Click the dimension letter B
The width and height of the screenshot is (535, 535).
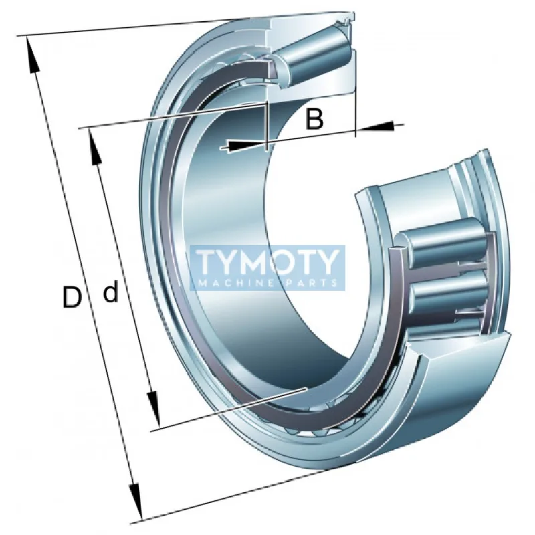tap(314, 119)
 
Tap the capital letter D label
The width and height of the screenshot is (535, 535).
tap(72, 297)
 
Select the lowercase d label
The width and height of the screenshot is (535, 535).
tap(110, 291)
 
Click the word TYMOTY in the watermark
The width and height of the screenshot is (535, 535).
tap(268, 262)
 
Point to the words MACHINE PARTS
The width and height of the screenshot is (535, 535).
tap(268, 282)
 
